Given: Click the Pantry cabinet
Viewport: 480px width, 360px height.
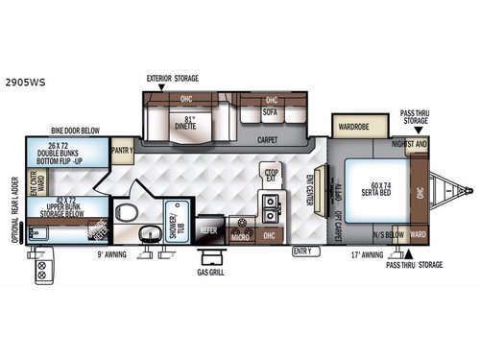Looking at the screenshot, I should [122, 150].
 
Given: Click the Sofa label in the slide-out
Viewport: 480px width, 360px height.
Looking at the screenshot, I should [272, 114].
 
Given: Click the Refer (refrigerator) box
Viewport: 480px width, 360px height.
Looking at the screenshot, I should [209, 230].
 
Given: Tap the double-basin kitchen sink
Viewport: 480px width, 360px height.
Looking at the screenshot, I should [270, 204].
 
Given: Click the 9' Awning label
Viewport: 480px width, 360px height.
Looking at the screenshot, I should [110, 253].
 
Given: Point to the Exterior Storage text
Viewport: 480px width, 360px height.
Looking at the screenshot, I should [172, 77].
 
